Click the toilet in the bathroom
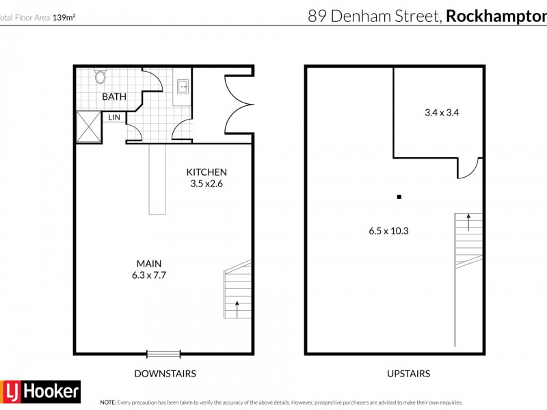[x=101, y=76]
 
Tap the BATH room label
[x=114, y=97]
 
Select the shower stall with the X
[x=88, y=125]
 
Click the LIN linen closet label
[x=114, y=118]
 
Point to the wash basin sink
[x=183, y=86]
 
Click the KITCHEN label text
[x=207, y=172]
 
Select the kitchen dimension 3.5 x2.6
[x=207, y=183]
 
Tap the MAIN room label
[x=149, y=264]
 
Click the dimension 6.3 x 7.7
[x=149, y=275]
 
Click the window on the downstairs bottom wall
[x=163, y=353]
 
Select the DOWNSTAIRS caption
[x=165, y=374]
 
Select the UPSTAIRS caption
[x=409, y=374]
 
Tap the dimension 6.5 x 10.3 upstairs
[x=388, y=231]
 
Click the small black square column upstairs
[x=399, y=198]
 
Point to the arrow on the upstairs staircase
[x=468, y=220]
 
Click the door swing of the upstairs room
[x=469, y=168]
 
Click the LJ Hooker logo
[x=40, y=392]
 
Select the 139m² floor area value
[x=64, y=17]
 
